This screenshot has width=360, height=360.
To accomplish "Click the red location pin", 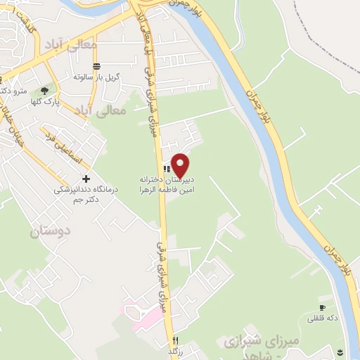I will coord(181,165).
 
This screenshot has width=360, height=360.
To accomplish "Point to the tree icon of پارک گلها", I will coord(45,90).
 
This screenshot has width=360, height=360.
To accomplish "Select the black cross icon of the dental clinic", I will coord(86,179).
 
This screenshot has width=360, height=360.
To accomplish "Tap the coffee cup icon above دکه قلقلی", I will coord(322,308).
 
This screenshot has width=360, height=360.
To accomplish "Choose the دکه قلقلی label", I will coord(323,319).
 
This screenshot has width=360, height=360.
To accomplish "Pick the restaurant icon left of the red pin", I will coord(167,168).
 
